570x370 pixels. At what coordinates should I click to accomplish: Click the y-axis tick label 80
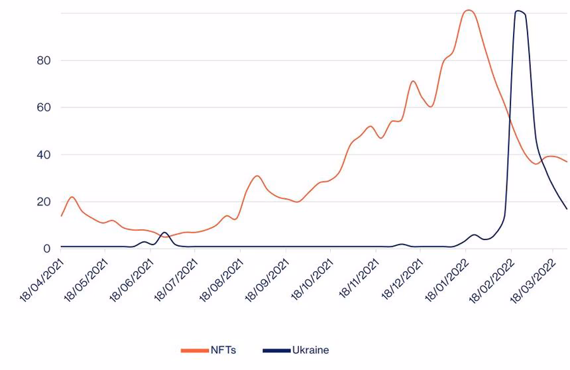point(44,60)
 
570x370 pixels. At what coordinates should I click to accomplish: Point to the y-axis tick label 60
point(44,107)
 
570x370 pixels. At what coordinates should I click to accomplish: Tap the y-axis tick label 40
point(44,154)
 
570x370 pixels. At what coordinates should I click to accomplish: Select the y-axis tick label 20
point(44,202)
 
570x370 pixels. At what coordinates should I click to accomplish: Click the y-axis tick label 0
point(47,249)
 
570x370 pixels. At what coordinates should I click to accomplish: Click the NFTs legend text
point(222,350)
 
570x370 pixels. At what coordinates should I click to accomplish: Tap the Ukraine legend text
point(310,350)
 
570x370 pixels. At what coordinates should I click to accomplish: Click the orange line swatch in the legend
point(195,350)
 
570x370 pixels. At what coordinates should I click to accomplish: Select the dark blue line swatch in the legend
point(276,350)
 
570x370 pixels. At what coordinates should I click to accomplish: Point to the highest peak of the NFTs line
point(469,10)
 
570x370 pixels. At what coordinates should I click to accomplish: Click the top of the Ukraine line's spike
point(518,11)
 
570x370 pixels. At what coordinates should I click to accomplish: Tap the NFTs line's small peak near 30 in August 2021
point(257,176)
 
